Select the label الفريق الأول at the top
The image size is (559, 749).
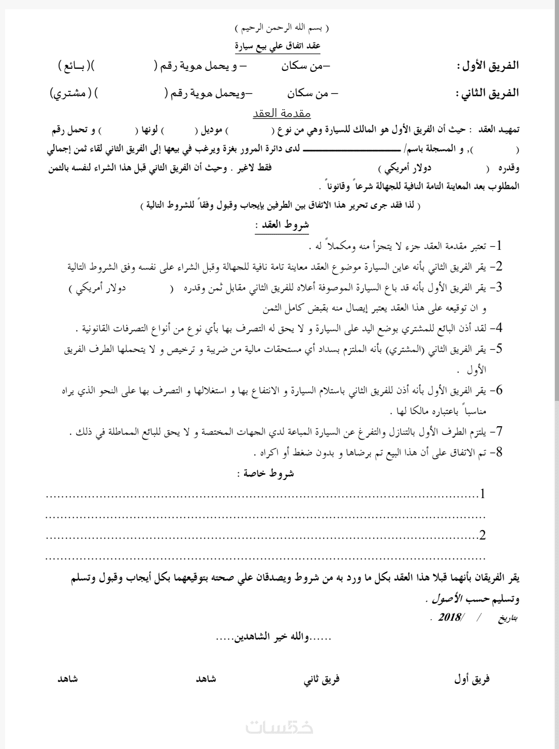click(488, 66)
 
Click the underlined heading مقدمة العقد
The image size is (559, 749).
click(282, 113)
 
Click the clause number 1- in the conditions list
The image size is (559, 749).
click(500, 245)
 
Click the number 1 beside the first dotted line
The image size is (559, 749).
click(482, 495)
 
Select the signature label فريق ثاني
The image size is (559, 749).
click(321, 679)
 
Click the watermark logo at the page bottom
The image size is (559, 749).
click(279, 727)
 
